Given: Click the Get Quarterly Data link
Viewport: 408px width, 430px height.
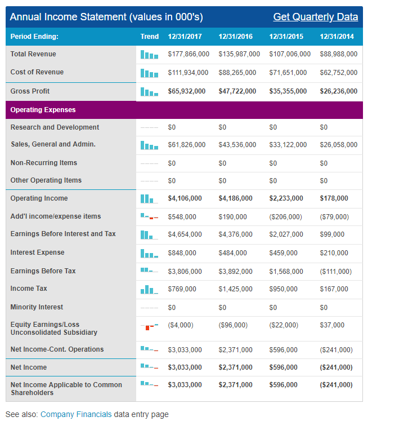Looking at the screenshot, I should click(315, 17).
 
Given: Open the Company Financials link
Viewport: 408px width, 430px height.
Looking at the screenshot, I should click(76, 414).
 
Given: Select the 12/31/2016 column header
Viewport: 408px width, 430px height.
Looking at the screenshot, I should click(235, 37).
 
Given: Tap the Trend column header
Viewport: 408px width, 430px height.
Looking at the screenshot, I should click(150, 37).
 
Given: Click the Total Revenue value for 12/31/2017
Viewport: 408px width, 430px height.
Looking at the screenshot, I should click(189, 54).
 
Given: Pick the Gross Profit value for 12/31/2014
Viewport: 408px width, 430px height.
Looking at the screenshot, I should click(338, 91).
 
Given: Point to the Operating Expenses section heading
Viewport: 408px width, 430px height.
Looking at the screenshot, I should click(43, 109).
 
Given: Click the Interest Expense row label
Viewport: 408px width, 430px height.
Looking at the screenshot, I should click(37, 252).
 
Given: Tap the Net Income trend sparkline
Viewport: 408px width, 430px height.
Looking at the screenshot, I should click(150, 367).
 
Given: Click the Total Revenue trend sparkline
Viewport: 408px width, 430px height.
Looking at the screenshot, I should click(150, 55).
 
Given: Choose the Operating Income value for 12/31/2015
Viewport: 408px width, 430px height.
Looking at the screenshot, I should click(286, 198).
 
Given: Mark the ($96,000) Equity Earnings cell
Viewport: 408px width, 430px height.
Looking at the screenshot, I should click(233, 325).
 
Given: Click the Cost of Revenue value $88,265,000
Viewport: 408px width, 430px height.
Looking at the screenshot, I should click(237, 73).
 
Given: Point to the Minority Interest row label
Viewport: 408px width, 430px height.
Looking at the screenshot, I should click(37, 307).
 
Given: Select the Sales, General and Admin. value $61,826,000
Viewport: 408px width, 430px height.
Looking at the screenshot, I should click(186, 145).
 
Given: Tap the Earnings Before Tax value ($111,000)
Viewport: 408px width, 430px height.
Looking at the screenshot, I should click(335, 272).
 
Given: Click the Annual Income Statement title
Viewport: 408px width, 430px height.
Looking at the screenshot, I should click(106, 17).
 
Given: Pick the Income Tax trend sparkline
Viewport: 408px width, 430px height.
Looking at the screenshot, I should click(150, 289).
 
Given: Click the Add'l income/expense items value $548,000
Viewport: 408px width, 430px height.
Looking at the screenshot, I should click(182, 216).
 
